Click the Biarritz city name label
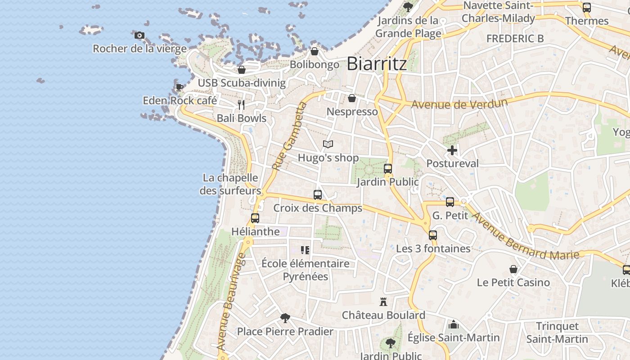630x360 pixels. click(377, 63)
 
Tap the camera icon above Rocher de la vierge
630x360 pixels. click(139, 35)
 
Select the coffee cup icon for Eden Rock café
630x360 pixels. click(179, 87)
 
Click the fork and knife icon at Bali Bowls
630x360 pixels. click(241, 105)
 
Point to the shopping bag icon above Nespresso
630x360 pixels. click(352, 98)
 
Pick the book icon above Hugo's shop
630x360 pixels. click(328, 144)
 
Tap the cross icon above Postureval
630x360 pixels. click(452, 150)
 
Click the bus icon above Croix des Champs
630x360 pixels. click(318, 195)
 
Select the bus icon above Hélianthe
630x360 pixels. click(255, 218)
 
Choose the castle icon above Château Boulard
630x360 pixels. click(383, 301)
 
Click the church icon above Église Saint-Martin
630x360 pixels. click(454, 324)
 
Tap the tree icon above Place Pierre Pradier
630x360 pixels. click(285, 318)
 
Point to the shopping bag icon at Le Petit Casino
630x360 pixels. click(513, 269)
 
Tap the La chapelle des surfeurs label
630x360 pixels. click(230, 184)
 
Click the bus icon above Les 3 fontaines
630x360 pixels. click(433, 235)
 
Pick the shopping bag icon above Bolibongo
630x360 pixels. click(315, 51)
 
